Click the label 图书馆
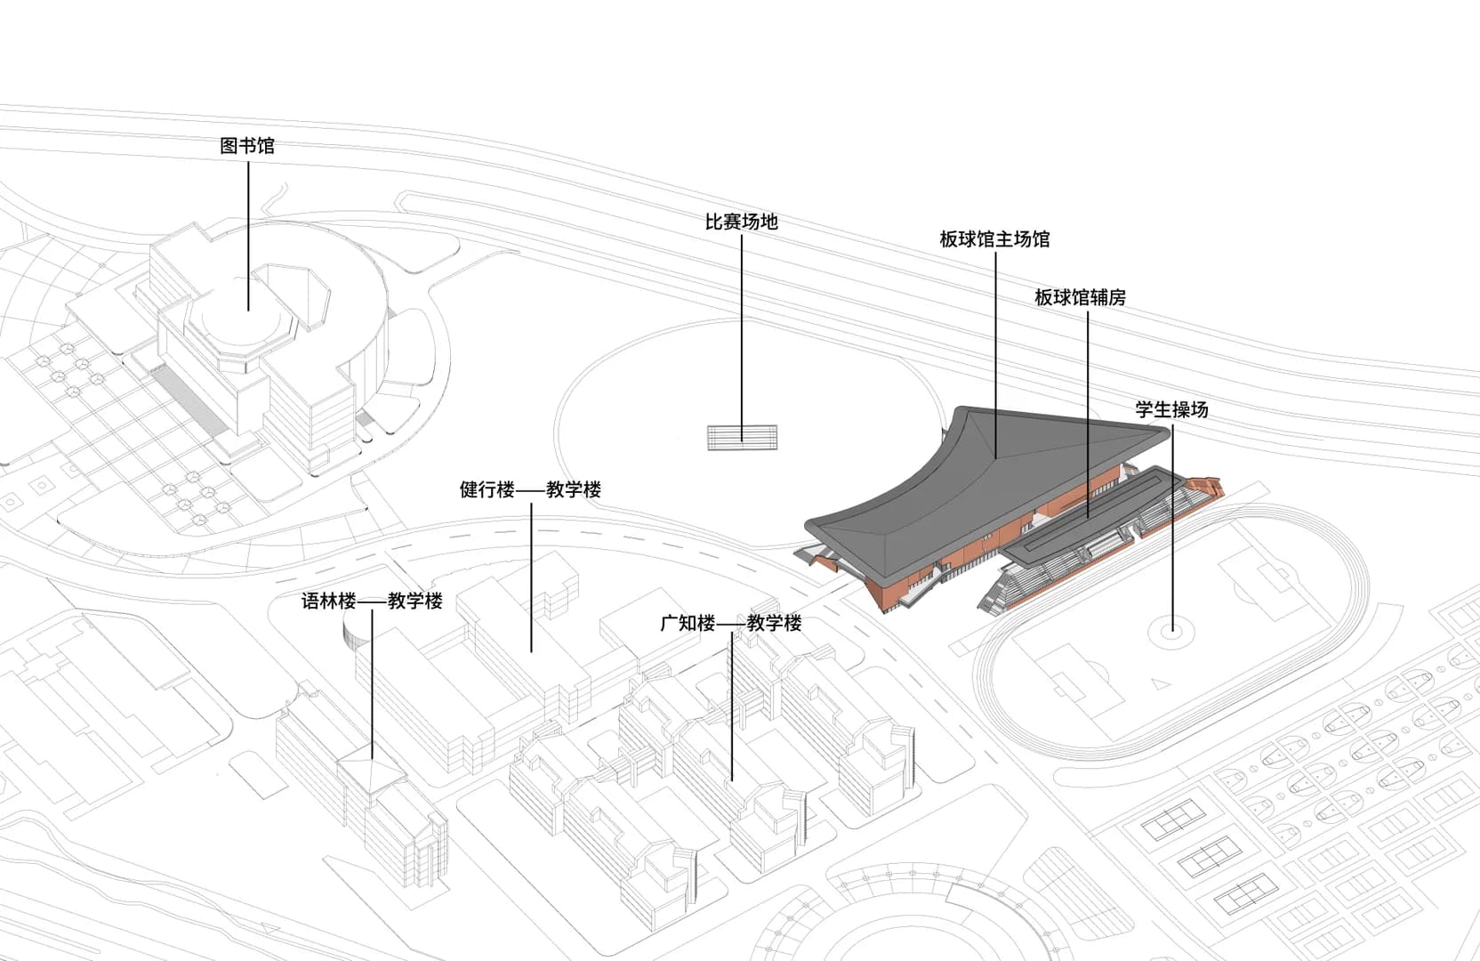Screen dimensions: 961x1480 pos(247,145)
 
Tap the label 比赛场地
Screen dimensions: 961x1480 pos(741,222)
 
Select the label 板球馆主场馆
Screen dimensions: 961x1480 pos(994,238)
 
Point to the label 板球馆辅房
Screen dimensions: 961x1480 pos(1080,297)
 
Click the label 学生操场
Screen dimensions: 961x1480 pos(1171,409)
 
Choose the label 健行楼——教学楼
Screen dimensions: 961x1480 pos(530,489)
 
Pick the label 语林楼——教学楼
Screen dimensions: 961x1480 pos(372,601)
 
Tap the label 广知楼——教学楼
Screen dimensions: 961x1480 pos(730,623)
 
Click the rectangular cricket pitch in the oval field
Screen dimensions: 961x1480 pos(742,437)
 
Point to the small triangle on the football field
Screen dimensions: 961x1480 pos(1158,684)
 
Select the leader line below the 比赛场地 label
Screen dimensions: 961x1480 pos(742,329)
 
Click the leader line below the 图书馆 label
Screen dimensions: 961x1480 pos(248,231)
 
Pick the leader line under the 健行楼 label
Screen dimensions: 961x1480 pos(532,578)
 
